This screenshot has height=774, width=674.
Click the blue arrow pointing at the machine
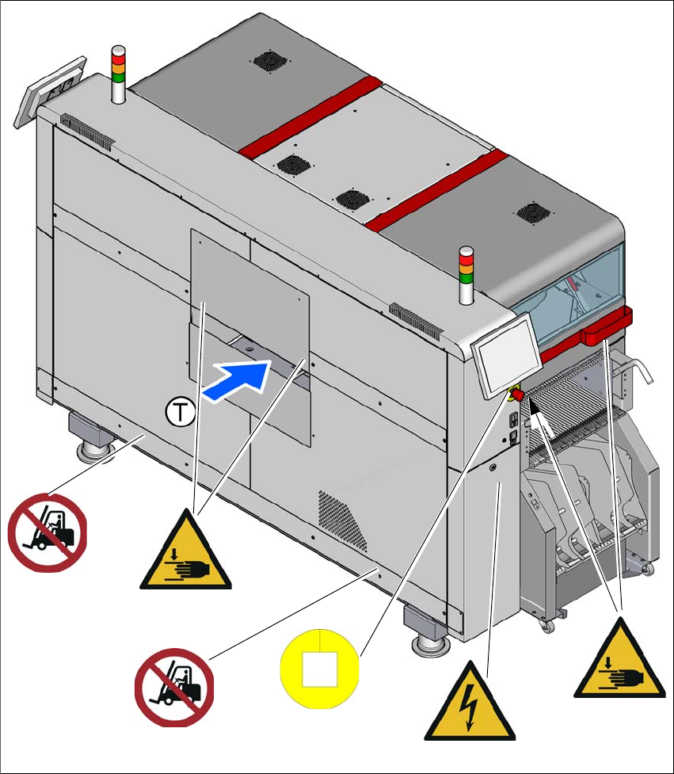235,381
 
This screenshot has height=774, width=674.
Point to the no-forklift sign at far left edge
47,531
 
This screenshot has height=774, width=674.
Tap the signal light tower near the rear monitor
117,74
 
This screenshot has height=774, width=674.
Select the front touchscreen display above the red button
506,351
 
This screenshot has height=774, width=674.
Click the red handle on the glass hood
607,327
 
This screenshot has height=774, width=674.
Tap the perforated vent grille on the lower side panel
345,521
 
